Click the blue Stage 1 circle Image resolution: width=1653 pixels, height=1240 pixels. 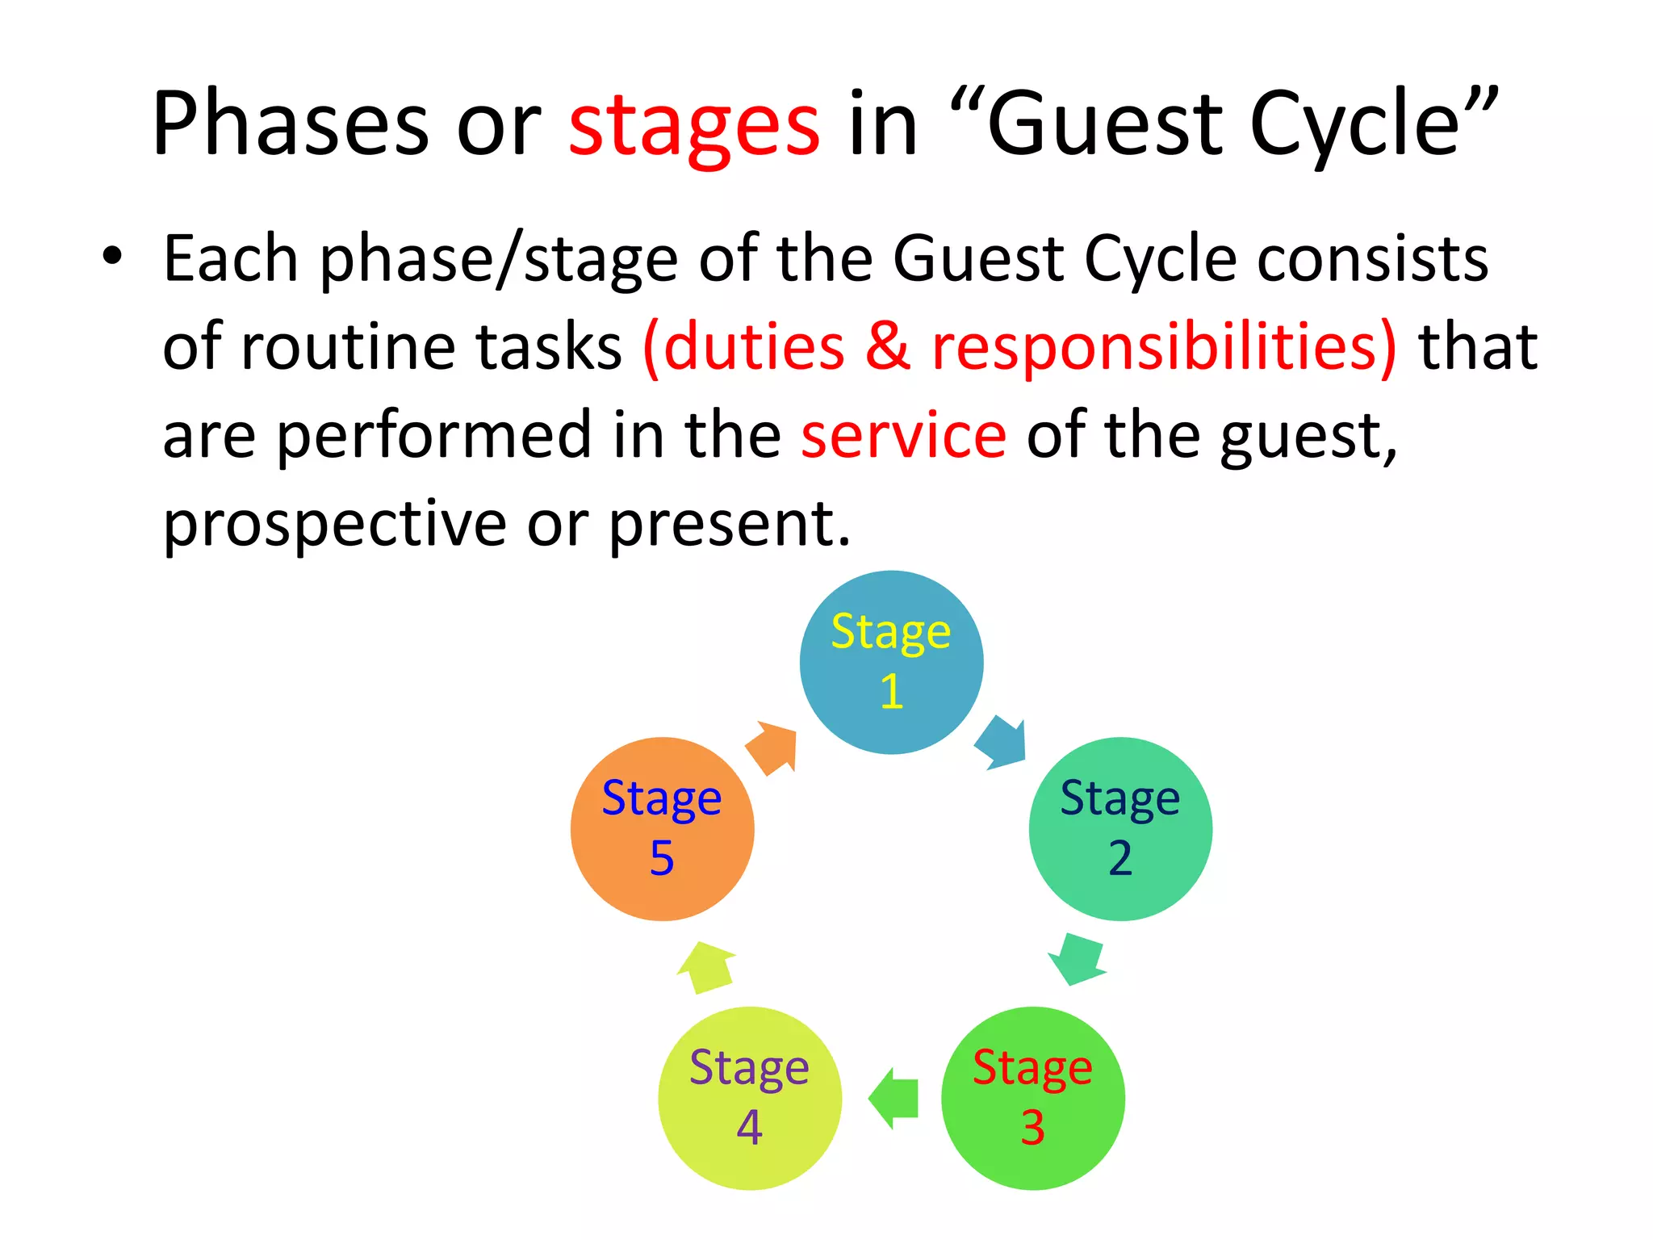(x=891, y=662)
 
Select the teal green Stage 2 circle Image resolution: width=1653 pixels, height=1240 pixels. (x=1120, y=828)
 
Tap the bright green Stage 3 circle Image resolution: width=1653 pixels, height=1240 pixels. (x=1032, y=1098)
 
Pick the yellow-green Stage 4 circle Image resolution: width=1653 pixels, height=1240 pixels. (x=750, y=1098)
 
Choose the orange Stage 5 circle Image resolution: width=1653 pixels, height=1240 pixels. (x=662, y=828)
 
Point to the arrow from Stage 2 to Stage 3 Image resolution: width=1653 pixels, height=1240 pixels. (x=1078, y=959)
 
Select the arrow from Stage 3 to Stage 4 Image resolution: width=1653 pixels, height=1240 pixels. (x=894, y=1098)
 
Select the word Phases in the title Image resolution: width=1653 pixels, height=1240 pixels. (x=291, y=123)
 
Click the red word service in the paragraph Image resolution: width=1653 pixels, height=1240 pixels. (x=903, y=435)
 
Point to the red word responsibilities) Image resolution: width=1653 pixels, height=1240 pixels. (x=1163, y=347)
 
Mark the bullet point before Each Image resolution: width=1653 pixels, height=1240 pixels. (x=112, y=257)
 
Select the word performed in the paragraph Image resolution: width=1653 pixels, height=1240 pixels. (x=435, y=435)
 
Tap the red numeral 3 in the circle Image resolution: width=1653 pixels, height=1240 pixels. (x=1032, y=1127)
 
